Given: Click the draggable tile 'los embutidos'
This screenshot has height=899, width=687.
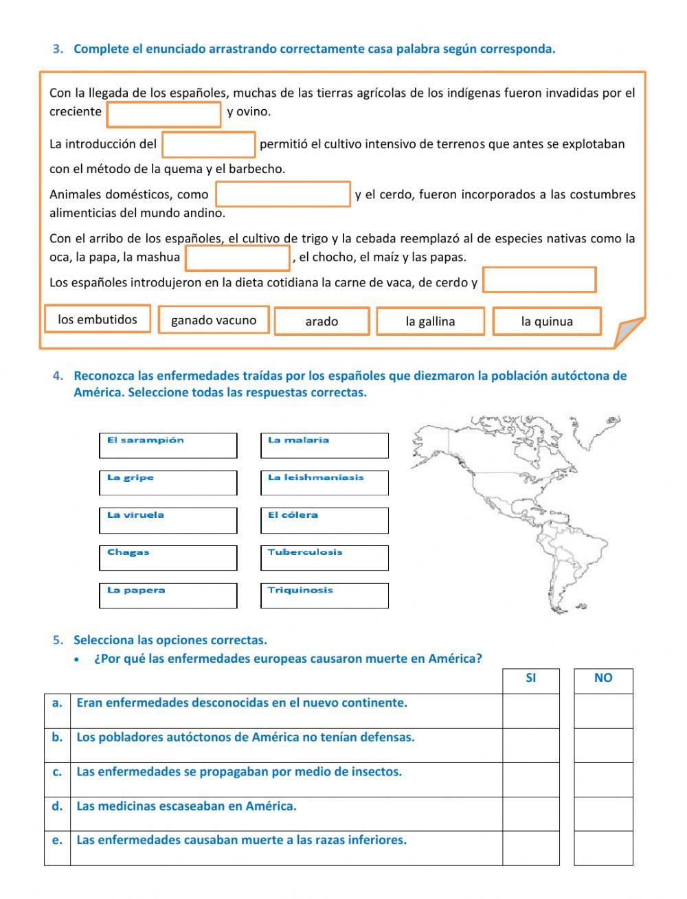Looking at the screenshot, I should (98, 319).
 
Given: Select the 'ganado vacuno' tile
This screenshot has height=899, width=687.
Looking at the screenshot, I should (214, 320).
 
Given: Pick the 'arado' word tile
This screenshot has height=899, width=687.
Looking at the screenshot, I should (322, 321).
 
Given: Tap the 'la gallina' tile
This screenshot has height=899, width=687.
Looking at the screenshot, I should (430, 321).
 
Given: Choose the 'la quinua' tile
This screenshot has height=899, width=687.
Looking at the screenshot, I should (547, 321).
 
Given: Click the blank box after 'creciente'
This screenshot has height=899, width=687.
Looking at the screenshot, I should (164, 115).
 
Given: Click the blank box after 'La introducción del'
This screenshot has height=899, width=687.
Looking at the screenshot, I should (209, 145).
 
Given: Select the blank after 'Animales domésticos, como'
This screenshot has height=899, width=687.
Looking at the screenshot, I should (283, 194).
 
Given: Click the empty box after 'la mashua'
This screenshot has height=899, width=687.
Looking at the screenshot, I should (238, 258).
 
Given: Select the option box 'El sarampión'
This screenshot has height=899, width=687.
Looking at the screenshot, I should (168, 446).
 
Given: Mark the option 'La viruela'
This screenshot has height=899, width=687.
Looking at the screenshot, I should (168, 521).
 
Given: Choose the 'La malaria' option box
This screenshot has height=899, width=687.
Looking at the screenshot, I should (324, 446).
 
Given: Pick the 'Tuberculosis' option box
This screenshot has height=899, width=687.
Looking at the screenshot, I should (324, 558).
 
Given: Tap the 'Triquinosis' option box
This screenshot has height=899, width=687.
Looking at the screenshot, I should (324, 595).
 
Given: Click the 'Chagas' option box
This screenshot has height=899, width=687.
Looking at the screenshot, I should (168, 558).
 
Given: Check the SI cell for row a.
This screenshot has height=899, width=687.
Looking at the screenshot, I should (531, 711).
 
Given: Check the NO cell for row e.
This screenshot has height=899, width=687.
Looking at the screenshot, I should (603, 848).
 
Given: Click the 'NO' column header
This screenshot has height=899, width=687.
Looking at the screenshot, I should (603, 679).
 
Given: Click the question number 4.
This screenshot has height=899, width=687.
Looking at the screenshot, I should (58, 376).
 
